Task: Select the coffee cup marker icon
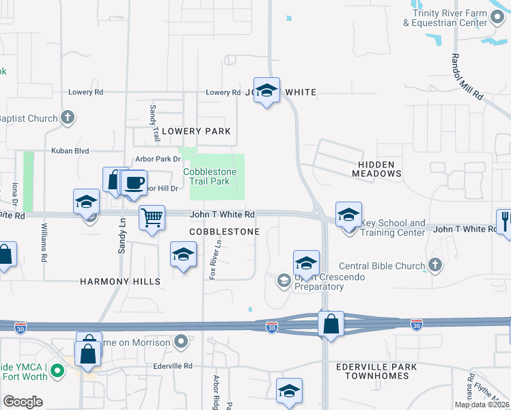click(x=134, y=183)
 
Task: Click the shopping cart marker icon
click(x=152, y=218)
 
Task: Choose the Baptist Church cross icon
click(x=67, y=118)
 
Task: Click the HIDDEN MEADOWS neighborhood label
click(x=376, y=169)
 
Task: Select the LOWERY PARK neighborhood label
click(x=196, y=131)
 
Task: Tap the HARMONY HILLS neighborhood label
click(x=120, y=282)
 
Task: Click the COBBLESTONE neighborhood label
click(x=224, y=232)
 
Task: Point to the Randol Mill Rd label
click(x=465, y=78)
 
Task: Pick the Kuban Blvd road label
click(x=70, y=151)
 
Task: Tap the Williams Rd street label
click(x=43, y=243)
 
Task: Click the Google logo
click(x=22, y=401)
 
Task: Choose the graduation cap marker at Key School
click(x=348, y=215)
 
